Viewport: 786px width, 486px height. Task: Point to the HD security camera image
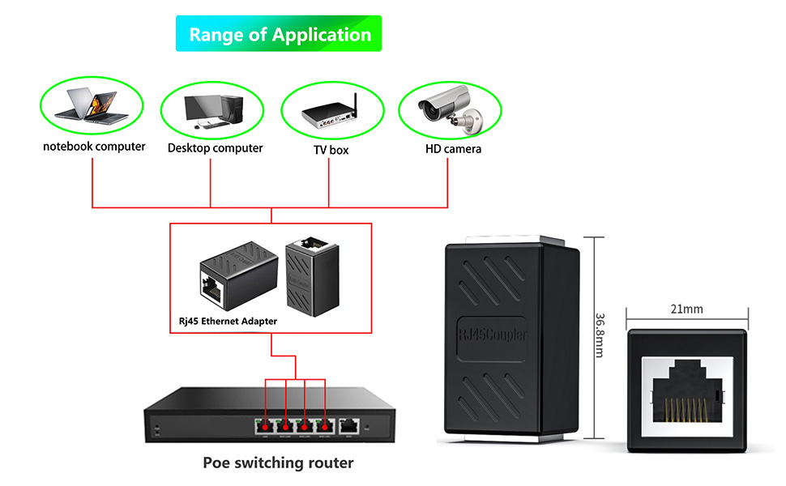click(x=446, y=109)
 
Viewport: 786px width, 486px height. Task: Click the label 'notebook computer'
click(x=94, y=147)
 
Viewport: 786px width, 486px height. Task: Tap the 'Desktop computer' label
click(x=215, y=148)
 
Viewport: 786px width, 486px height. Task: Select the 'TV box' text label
click(x=331, y=150)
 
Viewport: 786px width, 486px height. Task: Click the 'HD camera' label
click(x=453, y=149)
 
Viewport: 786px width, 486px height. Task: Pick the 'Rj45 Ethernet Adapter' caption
click(x=228, y=322)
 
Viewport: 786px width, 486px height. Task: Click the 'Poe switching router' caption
click(x=278, y=463)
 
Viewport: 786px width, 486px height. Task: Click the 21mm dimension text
click(x=687, y=309)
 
